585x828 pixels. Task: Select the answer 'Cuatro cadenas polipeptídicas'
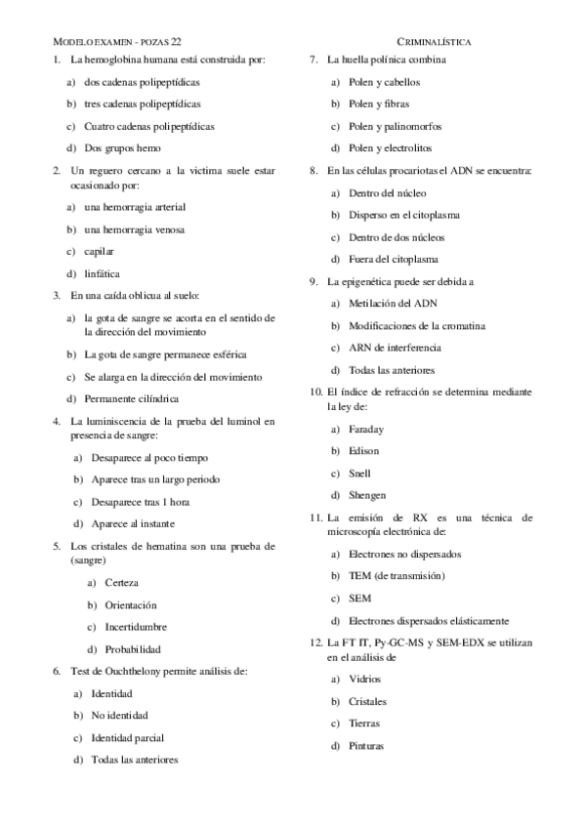coord(149,126)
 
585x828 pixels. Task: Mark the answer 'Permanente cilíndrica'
coord(131,398)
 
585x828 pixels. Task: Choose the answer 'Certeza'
coord(121,583)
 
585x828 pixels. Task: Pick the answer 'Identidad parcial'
coord(128,737)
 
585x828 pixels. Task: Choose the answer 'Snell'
coord(358,473)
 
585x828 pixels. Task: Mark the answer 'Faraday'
coord(365,429)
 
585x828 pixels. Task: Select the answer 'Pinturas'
coord(365,746)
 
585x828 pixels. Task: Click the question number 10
coord(315,391)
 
